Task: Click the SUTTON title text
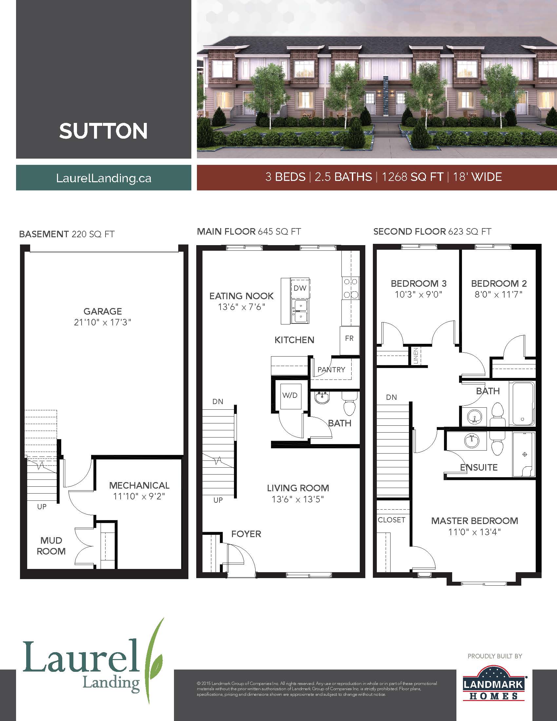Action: [x=103, y=131]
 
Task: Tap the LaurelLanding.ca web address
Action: [x=104, y=178]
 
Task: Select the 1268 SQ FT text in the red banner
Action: [x=412, y=177]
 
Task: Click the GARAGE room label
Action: [x=103, y=311]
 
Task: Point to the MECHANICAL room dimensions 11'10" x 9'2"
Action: [x=139, y=496]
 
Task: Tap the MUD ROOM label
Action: [x=51, y=546]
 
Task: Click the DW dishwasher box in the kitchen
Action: [x=300, y=288]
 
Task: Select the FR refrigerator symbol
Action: [x=349, y=339]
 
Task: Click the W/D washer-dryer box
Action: [x=290, y=396]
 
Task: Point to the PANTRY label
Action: [x=331, y=370]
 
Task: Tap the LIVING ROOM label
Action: [x=298, y=488]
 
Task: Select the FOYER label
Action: [x=246, y=534]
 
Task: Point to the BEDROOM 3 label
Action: [x=418, y=283]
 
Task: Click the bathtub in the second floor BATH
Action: [x=522, y=403]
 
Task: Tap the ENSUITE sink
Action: [x=472, y=440]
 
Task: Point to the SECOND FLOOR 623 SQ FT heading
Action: [x=432, y=232]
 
